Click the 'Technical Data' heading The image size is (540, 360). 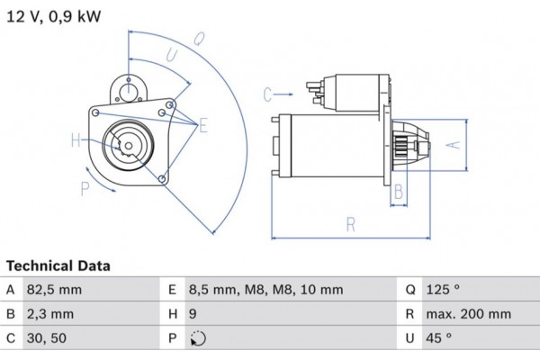pos(58,266)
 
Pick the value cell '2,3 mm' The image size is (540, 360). pos(51,315)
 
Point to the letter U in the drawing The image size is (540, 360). pos(170,56)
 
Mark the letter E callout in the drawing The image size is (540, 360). pos(203,125)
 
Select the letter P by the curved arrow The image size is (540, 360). pos(85,188)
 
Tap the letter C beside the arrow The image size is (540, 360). pos(268,94)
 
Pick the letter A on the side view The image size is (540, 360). pos(455,145)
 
